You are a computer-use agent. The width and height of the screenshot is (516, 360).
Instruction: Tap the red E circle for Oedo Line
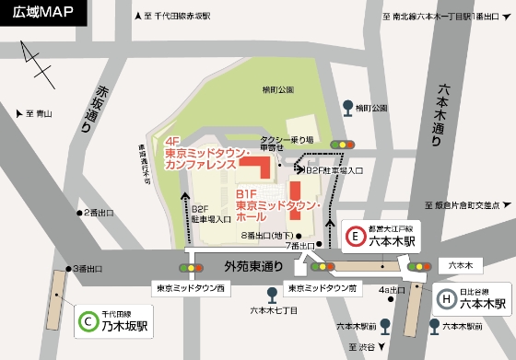tap(356, 239)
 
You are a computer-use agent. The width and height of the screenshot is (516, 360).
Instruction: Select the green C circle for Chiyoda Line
tap(88, 321)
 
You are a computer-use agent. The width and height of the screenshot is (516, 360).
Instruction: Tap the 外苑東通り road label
tap(252, 266)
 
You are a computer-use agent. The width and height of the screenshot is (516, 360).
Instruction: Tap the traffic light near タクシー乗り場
tap(345, 144)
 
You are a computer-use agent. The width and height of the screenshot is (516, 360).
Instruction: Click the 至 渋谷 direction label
tap(365, 346)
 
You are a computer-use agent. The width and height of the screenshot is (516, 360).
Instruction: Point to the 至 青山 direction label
tap(41, 114)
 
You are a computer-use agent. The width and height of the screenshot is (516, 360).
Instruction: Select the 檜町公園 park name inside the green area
tap(276, 88)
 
